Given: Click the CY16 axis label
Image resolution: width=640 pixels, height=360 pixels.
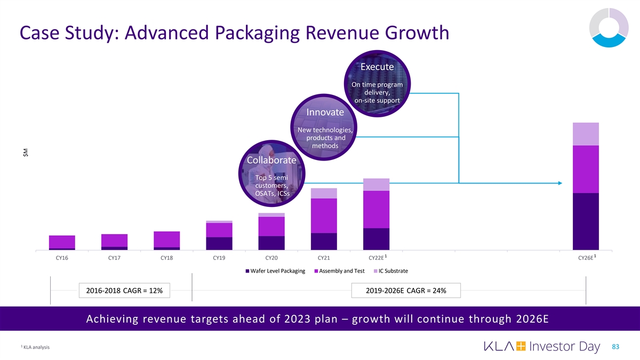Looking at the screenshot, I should click(x=61, y=258).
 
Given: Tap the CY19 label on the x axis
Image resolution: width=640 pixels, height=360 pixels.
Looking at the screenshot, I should click(x=219, y=258).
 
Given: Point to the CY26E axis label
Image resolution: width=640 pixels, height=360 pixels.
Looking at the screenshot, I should click(x=585, y=258).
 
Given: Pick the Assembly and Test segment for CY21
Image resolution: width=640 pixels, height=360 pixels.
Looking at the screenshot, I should click(x=324, y=215).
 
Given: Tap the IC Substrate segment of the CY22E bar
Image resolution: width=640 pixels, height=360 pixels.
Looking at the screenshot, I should click(x=376, y=185).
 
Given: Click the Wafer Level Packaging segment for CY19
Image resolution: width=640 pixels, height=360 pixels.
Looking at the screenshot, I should click(x=219, y=243).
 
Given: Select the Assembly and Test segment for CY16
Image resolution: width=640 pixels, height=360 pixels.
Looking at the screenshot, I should click(x=62, y=242).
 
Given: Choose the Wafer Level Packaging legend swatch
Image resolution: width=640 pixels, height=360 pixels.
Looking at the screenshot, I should click(x=247, y=271).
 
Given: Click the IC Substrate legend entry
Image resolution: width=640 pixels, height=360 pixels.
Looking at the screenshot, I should click(x=393, y=271).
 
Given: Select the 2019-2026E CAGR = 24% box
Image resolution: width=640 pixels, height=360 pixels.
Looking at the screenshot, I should click(x=406, y=290).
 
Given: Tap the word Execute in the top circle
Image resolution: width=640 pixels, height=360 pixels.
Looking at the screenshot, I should click(x=377, y=67).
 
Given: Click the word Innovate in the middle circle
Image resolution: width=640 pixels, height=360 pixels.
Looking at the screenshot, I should click(x=325, y=113).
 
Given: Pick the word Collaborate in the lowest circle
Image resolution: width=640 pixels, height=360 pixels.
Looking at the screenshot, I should click(x=271, y=161).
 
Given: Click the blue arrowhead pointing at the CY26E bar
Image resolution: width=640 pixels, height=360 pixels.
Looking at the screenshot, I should click(x=559, y=183).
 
